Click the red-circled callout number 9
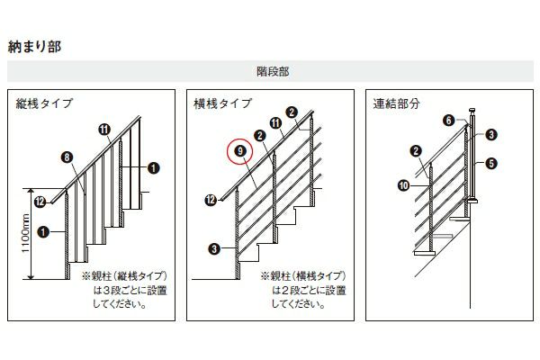[240, 151]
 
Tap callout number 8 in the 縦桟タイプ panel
[67, 157]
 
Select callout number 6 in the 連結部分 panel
[449, 121]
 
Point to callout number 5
[491, 163]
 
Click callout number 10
[403, 185]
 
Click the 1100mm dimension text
[26, 233]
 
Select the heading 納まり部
[34, 47]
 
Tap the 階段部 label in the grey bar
[273, 72]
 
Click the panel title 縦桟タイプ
[44, 103]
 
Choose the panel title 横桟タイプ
[223, 103]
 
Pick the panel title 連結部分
[396, 103]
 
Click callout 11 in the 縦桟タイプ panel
[104, 130]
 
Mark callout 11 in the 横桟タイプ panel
[275, 123]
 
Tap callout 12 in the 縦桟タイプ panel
[40, 202]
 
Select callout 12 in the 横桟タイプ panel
[211, 200]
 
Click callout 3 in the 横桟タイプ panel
[214, 248]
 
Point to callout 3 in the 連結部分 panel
[491, 134]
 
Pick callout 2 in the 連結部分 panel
[416, 151]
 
